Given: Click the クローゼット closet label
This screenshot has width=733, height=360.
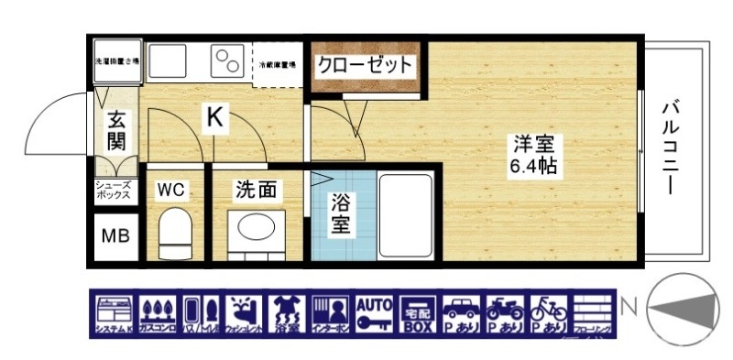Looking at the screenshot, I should tap(364, 66).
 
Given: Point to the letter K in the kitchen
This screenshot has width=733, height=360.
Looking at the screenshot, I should tap(213, 117).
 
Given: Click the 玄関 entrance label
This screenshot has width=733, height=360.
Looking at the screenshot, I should tap(116, 130).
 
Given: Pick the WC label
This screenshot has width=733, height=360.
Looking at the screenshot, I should tap(171, 190).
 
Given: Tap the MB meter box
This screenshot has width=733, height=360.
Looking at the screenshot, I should tap(115, 236).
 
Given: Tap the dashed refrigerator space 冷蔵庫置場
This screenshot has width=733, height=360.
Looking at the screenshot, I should tap(276, 64).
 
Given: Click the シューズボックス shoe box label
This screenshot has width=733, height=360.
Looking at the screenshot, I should tap(115, 191).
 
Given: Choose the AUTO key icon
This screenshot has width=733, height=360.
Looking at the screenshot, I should tap(373, 312).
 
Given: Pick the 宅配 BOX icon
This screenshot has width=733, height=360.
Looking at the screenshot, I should tap(420, 312).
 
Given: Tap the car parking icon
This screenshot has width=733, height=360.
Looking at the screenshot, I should tap(463, 312).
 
